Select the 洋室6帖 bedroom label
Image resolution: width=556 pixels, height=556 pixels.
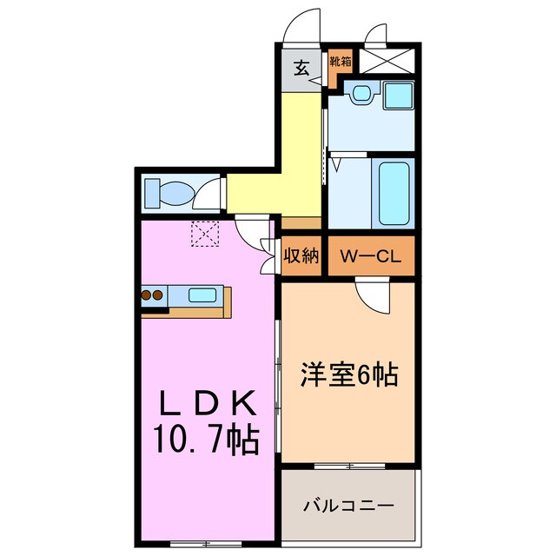tap(348, 375)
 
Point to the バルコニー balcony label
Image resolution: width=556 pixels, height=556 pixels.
tap(349, 505)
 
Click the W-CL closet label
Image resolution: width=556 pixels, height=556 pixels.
tap(368, 256)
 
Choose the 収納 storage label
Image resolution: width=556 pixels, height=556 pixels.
tap(301, 256)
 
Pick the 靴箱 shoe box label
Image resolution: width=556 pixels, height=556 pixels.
tap(341, 62)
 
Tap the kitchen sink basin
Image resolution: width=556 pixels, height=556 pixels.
tap(202, 295)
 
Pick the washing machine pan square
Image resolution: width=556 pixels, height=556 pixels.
tap(399, 95)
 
